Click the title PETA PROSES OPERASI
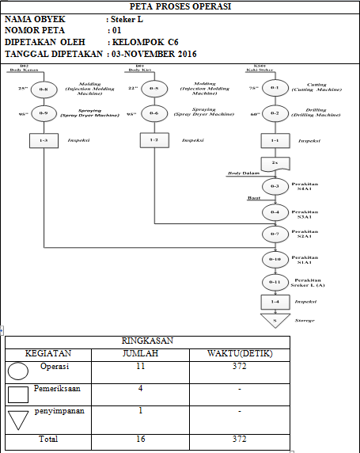click(x=180, y=7)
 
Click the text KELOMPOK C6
click(x=146, y=42)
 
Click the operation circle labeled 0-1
click(x=275, y=89)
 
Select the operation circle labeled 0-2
click(x=275, y=114)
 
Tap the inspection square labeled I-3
click(x=44, y=141)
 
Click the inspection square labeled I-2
click(x=154, y=141)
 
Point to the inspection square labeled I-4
click(x=275, y=302)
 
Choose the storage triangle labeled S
click(x=275, y=320)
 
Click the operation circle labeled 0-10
click(x=275, y=259)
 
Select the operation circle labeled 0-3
click(x=275, y=187)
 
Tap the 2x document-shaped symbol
click(x=275, y=163)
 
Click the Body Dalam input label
click(x=244, y=172)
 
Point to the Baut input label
click(x=254, y=198)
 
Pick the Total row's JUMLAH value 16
click(x=140, y=437)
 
